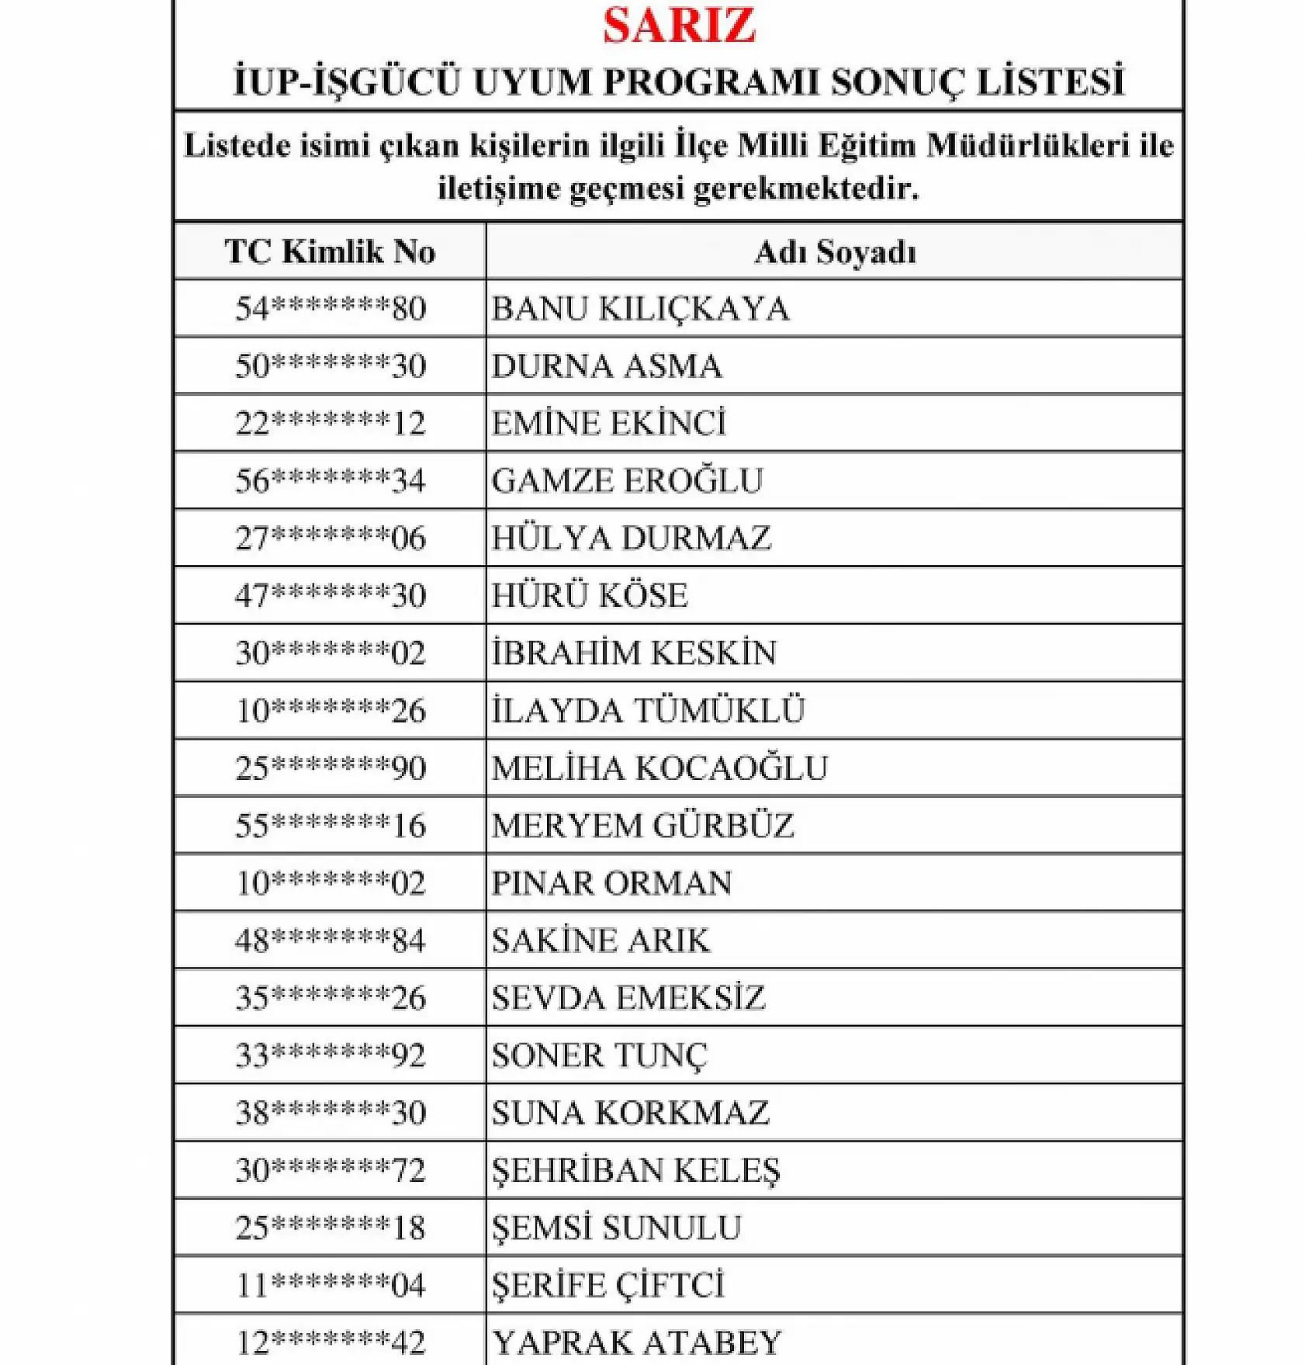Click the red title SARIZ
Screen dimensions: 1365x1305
(679, 26)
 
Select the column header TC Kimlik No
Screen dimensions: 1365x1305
(330, 251)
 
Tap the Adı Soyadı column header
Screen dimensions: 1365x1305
(835, 252)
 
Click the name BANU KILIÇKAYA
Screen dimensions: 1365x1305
(640, 309)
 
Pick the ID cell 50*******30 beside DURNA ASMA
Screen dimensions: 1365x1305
(331, 366)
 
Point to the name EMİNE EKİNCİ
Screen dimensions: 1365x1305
(608, 423)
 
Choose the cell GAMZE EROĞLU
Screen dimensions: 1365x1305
(627, 480)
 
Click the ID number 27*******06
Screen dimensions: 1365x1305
(331, 538)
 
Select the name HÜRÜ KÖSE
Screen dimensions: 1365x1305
(590, 595)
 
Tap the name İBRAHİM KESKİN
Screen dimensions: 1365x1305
(633, 653)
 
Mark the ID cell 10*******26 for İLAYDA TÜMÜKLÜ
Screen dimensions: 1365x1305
(331, 710)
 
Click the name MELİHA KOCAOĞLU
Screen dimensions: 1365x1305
(659, 767)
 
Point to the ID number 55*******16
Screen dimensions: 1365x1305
(331, 825)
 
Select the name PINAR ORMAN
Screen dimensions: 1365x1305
(611, 882)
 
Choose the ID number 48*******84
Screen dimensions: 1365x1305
(331, 940)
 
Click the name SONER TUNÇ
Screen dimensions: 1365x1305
(599, 1055)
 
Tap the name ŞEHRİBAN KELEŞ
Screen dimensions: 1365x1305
(635, 1169)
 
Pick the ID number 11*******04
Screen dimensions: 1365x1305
(331, 1284)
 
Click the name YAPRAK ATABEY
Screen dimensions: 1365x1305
(636, 1342)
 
